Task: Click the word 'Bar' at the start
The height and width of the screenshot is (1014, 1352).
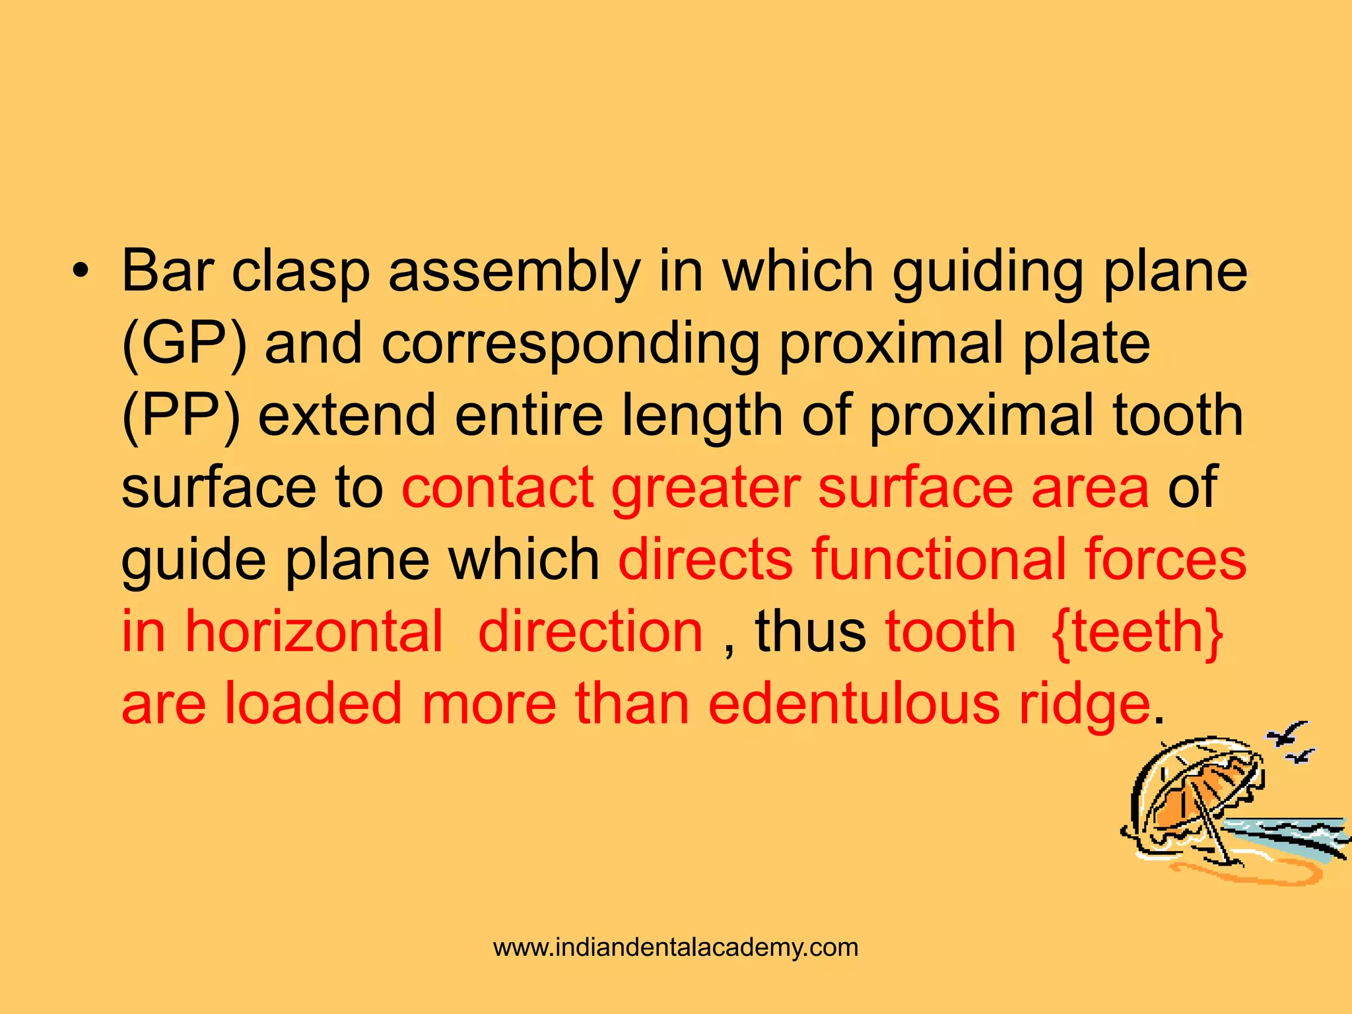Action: coord(168,271)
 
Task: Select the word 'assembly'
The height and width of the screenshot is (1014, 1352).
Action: coord(514,271)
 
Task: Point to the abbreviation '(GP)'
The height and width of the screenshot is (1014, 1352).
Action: coord(185,343)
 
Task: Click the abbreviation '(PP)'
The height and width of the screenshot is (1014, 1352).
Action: coord(181,415)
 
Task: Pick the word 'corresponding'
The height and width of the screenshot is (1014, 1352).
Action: coord(570,343)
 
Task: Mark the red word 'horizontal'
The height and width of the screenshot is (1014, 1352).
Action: coord(314,632)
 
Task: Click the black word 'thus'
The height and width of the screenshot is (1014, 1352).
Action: coord(810,632)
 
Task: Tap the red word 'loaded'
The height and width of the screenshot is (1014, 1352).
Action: coord(314,704)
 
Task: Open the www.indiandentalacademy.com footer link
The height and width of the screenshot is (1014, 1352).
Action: coord(676,947)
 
